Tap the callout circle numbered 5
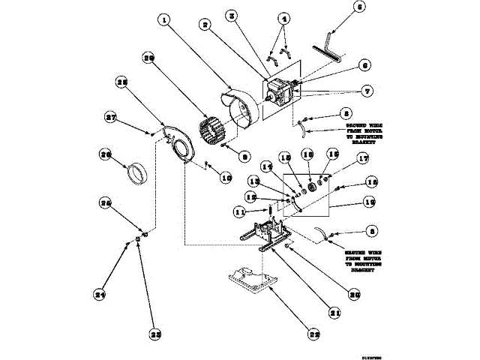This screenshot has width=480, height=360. [x=339, y=8]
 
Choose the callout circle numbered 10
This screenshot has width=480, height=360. [x=224, y=177]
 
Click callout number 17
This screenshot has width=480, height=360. [x=363, y=158]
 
